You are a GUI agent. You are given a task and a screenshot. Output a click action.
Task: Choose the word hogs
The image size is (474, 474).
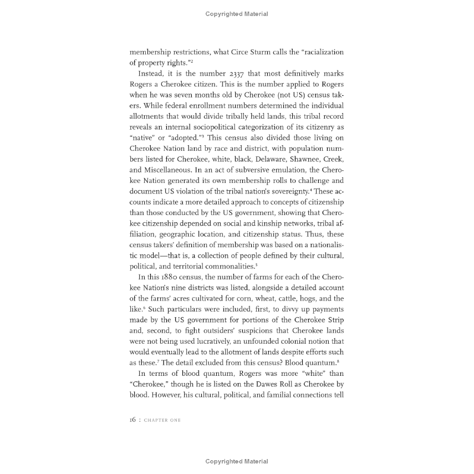308,298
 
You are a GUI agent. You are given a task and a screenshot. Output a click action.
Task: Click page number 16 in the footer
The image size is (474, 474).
133,420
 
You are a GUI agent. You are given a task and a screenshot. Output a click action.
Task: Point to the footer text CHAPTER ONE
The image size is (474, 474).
162,420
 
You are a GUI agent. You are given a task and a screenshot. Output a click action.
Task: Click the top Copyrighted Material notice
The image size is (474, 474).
237,14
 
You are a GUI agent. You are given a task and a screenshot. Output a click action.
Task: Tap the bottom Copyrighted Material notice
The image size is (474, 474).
237,461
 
